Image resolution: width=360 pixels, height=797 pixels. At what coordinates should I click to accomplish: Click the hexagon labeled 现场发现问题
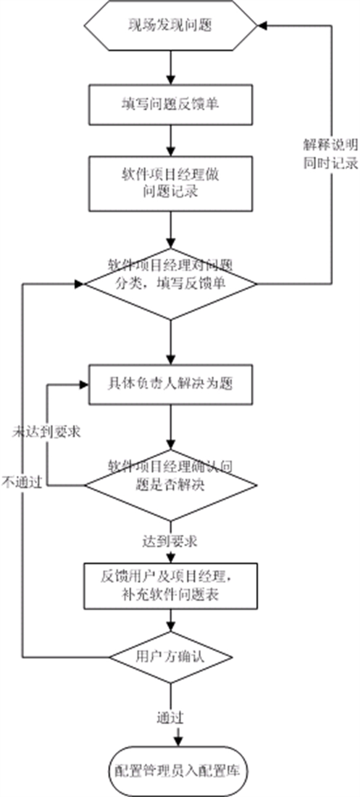(171, 25)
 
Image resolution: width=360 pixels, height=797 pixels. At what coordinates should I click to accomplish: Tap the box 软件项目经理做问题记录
(171, 184)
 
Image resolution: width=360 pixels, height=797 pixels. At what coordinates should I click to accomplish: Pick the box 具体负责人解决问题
(171, 384)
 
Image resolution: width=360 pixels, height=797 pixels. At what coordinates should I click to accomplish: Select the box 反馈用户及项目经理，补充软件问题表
(171, 586)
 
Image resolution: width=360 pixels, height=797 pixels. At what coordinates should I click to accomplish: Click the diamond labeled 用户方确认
(171, 657)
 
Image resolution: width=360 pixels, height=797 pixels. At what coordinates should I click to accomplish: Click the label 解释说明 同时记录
(330, 154)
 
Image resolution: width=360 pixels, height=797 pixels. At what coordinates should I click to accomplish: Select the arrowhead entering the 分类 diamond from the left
(80, 283)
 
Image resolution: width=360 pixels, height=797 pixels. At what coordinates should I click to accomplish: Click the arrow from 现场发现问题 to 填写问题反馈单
(171, 67)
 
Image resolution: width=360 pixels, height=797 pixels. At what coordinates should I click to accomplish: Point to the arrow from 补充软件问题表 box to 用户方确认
(171, 619)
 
